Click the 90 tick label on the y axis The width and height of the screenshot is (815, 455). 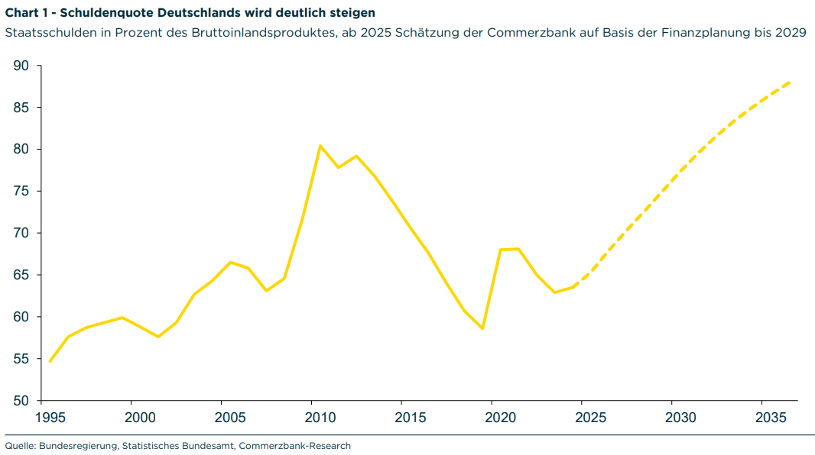click(21, 66)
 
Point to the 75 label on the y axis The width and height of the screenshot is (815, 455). click(21, 192)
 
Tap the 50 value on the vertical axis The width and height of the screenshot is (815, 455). click(21, 401)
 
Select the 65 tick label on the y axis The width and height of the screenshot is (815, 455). click(21, 275)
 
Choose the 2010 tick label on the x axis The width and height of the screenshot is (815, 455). click(320, 418)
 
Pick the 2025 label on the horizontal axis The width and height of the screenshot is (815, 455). click(591, 418)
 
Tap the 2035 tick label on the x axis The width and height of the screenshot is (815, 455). click(771, 418)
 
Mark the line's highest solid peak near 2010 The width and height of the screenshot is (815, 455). click(320, 145)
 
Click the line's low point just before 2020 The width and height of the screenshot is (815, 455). click(482, 328)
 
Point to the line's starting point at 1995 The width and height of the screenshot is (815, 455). click(50, 361)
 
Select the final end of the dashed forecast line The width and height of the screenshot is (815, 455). click(790, 82)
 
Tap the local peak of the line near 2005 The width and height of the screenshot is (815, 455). click(230, 262)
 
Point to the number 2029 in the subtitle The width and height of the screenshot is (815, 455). click(791, 34)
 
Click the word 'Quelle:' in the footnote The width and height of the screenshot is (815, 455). click(20, 446)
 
